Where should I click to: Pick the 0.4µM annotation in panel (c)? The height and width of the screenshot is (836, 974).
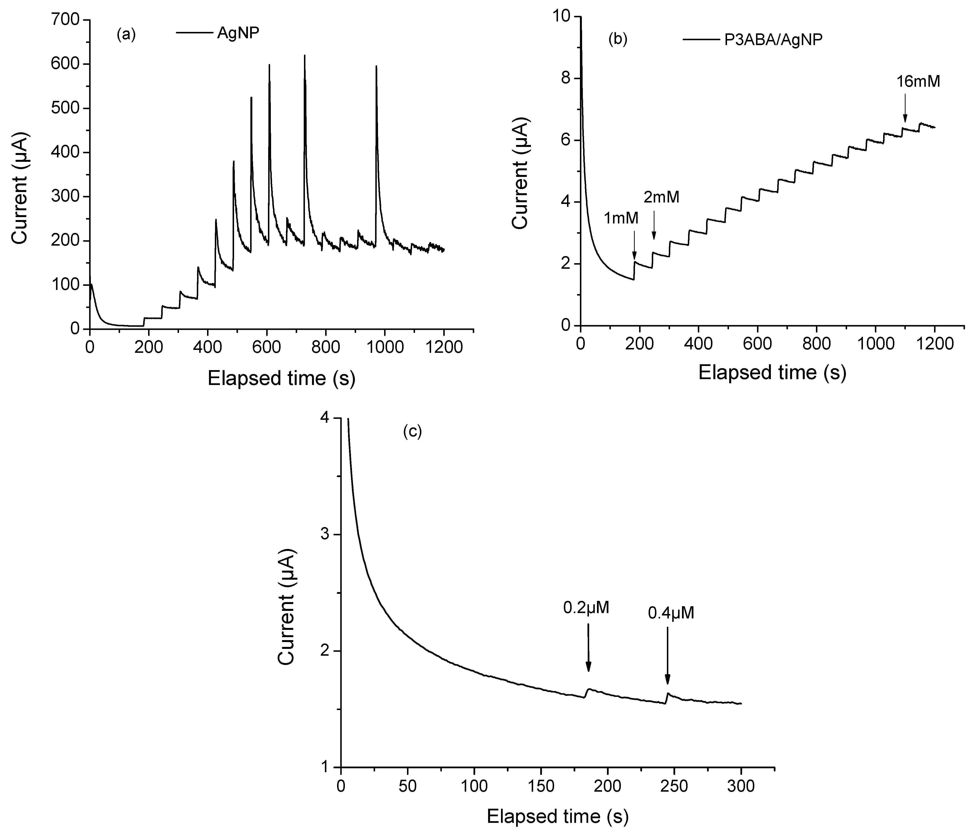[x=671, y=613]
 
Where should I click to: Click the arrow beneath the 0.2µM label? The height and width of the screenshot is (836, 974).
[x=588, y=653]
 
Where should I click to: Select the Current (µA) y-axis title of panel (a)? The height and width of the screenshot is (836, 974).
[x=20, y=188]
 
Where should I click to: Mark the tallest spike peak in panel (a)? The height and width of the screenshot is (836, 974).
[x=305, y=56]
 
